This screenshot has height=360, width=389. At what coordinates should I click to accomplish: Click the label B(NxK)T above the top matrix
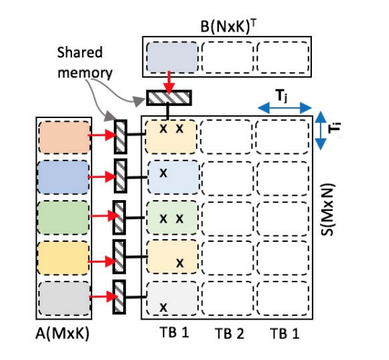(x=228, y=27)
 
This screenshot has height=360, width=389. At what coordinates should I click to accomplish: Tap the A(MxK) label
(x=62, y=333)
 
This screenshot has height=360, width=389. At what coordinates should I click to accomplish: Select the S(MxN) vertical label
(x=328, y=210)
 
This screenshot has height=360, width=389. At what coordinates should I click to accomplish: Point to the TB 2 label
(x=230, y=333)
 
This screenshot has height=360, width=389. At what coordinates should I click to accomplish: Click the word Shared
(x=80, y=53)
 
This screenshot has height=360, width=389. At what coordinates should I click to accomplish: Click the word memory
(x=85, y=73)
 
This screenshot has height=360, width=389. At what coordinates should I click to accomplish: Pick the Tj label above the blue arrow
(x=282, y=96)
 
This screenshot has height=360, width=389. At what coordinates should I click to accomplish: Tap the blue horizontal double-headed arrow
(x=285, y=108)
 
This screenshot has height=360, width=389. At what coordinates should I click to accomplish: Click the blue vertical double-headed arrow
(x=321, y=130)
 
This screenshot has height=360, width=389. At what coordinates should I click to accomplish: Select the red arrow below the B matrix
(x=169, y=83)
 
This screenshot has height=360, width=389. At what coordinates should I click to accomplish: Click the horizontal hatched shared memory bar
(x=169, y=98)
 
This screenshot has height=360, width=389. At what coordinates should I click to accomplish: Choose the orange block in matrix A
(x=65, y=137)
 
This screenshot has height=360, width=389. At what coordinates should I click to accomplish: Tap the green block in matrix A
(x=63, y=217)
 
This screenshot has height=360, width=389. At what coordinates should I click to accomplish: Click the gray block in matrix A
(x=64, y=298)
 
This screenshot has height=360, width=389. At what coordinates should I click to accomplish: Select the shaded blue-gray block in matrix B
(x=172, y=58)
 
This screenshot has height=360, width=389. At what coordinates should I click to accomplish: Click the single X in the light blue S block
(x=164, y=173)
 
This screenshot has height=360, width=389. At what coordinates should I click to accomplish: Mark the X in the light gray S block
(x=164, y=307)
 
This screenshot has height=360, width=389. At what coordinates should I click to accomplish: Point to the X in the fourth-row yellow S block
(x=180, y=263)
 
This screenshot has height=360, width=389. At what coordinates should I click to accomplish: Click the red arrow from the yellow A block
(x=102, y=261)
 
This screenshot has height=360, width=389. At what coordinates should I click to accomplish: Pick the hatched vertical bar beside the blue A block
(x=120, y=176)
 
